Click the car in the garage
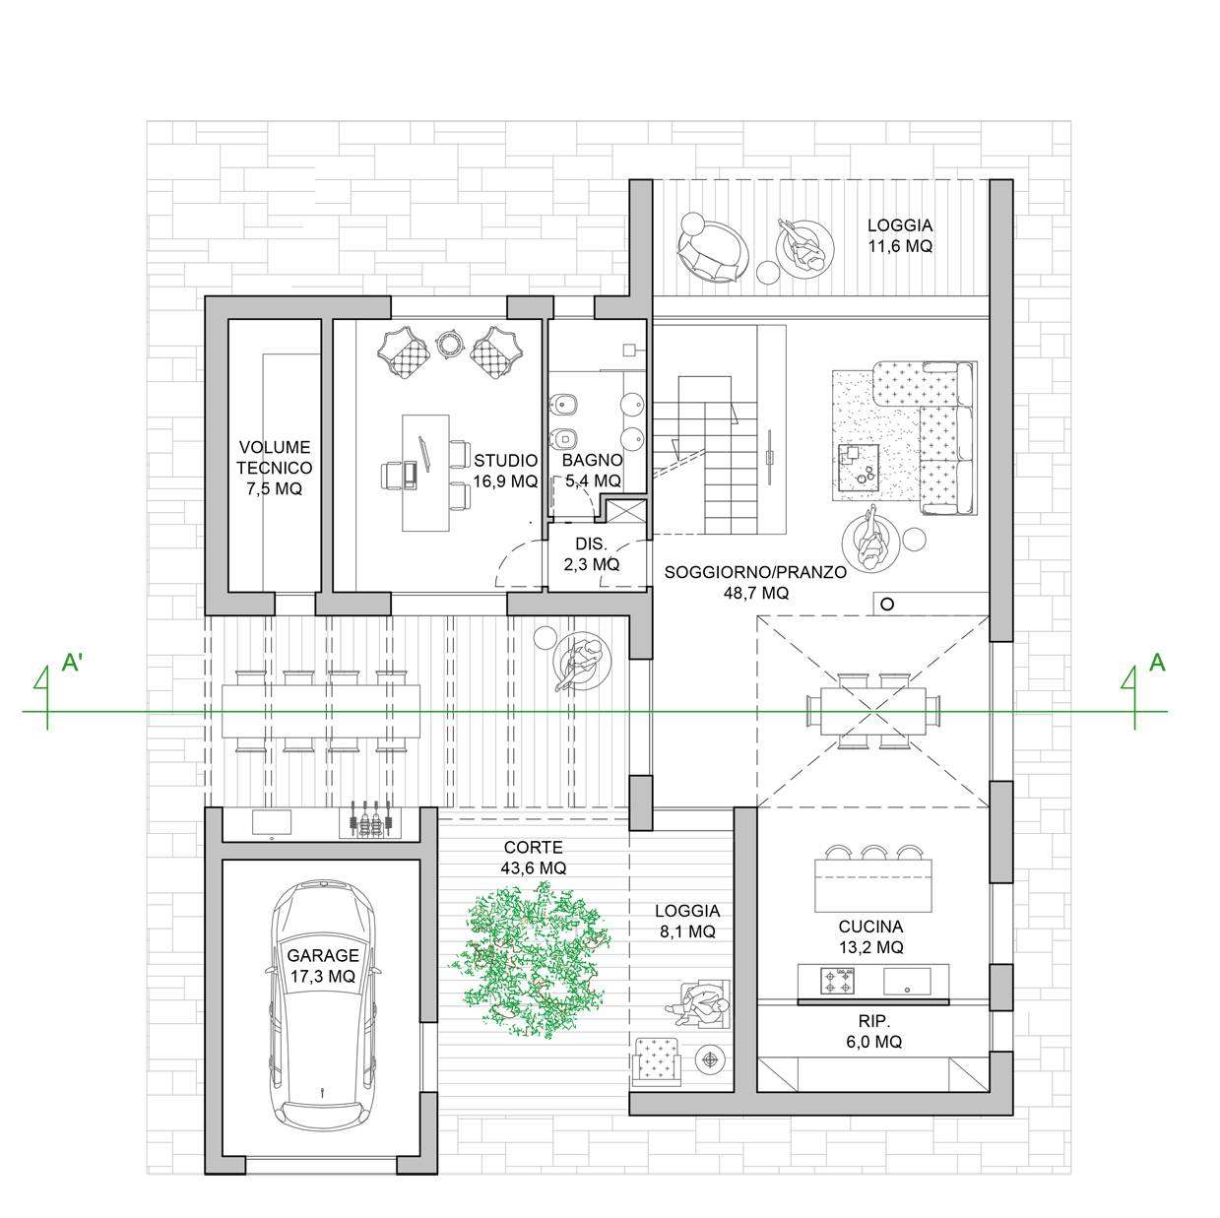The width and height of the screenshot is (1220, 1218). (324, 1004)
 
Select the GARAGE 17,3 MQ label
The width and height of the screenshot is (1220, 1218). (323, 965)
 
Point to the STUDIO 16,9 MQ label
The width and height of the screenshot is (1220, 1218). (505, 471)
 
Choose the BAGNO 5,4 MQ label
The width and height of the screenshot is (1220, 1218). (593, 471)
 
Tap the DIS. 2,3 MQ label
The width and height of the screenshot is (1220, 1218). (592, 553)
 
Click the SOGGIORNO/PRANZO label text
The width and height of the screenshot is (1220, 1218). (755, 572)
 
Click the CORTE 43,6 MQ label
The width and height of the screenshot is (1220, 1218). (533, 857)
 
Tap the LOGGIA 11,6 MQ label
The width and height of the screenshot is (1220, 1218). (900, 235)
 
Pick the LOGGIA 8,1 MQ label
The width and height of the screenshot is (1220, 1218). (687, 921)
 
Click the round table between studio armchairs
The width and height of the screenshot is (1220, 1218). (450, 346)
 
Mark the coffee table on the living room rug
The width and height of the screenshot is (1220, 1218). (860, 468)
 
